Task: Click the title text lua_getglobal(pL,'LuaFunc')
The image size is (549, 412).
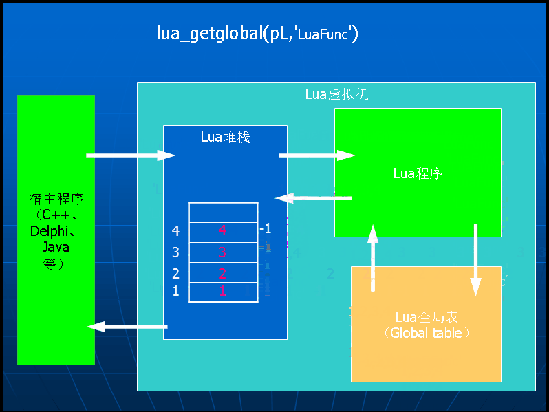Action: tap(258, 34)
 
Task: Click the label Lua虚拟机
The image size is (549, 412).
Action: tap(336, 94)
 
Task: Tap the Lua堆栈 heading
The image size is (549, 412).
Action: tap(225, 137)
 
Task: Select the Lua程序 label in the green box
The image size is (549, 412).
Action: tap(417, 173)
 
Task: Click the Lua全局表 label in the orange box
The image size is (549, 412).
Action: tap(427, 318)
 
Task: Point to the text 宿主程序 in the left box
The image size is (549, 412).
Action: tap(56, 200)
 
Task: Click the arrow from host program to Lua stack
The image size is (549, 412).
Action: tap(131, 155)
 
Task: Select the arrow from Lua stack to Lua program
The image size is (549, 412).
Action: tap(316, 155)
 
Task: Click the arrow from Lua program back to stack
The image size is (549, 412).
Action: tap(314, 198)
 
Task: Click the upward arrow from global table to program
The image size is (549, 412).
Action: tap(373, 259)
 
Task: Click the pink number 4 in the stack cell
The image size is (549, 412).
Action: tap(222, 231)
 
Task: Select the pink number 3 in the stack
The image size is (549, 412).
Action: tap(222, 252)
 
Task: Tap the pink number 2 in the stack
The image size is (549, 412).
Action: tap(222, 273)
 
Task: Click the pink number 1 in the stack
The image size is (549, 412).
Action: tap(222, 291)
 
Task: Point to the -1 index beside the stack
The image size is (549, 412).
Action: tap(266, 228)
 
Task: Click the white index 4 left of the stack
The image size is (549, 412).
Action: tap(175, 231)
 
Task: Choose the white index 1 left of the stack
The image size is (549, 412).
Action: tap(175, 291)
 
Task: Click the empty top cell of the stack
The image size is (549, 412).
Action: tap(223, 212)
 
